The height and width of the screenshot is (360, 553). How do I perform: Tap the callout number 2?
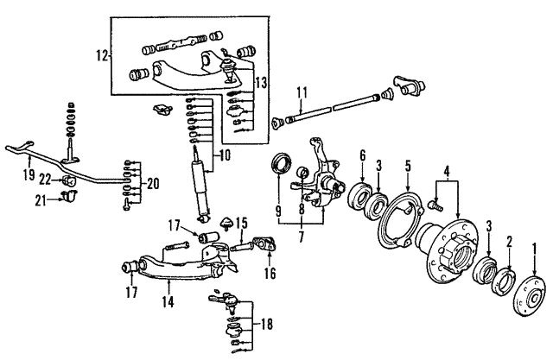(510, 243)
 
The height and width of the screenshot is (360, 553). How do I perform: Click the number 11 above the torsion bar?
(302, 92)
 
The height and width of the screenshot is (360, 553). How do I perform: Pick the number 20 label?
(154, 183)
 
